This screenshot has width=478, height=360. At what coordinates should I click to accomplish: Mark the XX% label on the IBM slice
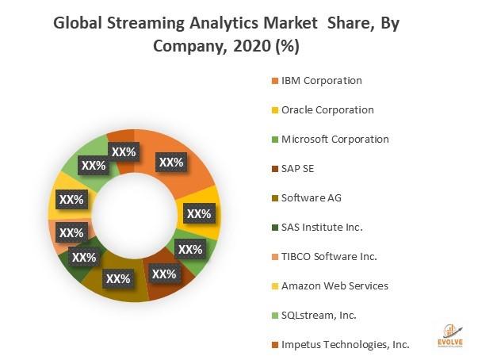[x=171, y=163]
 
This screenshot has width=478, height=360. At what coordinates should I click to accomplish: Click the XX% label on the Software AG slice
[x=118, y=279]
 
